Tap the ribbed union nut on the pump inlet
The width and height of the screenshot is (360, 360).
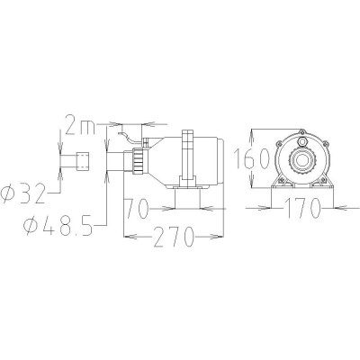(138, 162)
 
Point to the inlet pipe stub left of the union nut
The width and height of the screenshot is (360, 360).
(117, 162)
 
